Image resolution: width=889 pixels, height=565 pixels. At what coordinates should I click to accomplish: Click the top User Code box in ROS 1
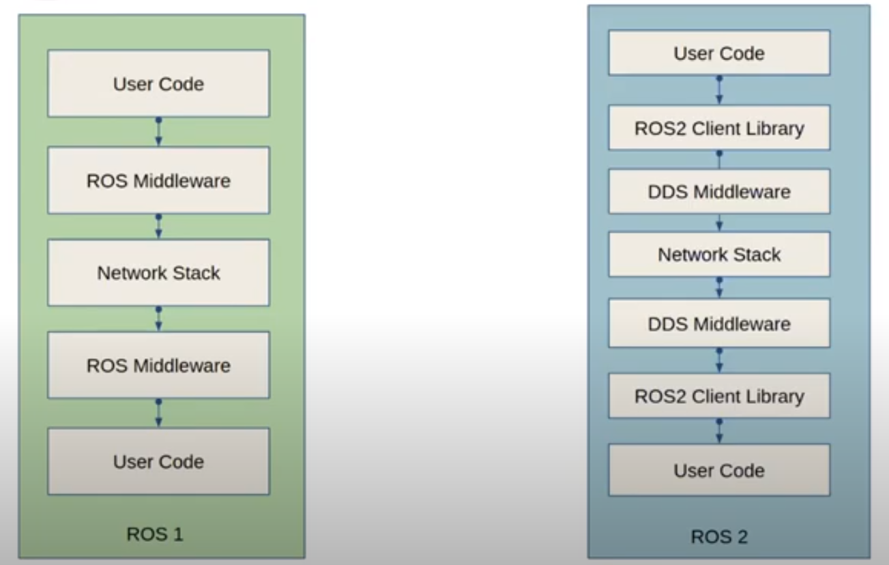pyautogui.click(x=158, y=83)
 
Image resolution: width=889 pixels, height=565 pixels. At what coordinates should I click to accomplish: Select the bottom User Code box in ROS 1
pyautogui.click(x=158, y=461)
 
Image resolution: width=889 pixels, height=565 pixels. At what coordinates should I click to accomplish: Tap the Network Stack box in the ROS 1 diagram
pyautogui.click(x=158, y=272)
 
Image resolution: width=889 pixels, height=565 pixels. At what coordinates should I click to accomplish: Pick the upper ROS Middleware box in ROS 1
pyautogui.click(x=158, y=180)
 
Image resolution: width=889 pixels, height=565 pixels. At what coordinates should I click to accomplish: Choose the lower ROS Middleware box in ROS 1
pyautogui.click(x=158, y=365)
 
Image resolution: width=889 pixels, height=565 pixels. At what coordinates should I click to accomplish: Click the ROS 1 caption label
pyautogui.click(x=155, y=534)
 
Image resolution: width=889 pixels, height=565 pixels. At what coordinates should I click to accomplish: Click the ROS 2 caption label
pyautogui.click(x=719, y=536)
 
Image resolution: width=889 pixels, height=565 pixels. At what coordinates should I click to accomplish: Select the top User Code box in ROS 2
pyautogui.click(x=719, y=53)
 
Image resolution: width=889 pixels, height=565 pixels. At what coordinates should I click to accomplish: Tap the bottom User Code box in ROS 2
pyautogui.click(x=719, y=470)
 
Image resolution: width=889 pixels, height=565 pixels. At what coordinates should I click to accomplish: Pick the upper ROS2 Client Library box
pyautogui.click(x=719, y=128)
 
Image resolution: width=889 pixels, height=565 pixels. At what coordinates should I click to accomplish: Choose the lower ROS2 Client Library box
pyautogui.click(x=719, y=396)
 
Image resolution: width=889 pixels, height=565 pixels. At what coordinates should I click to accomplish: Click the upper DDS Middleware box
pyautogui.click(x=719, y=192)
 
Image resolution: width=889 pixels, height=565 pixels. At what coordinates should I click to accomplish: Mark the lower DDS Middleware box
pyautogui.click(x=719, y=323)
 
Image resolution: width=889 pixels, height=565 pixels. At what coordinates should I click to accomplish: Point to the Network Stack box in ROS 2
pyautogui.click(x=719, y=255)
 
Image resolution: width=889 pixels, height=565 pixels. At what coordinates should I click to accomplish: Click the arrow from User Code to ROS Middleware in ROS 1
pyautogui.click(x=158, y=132)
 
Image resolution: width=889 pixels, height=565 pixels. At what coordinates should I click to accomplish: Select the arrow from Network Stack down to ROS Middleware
pyautogui.click(x=158, y=319)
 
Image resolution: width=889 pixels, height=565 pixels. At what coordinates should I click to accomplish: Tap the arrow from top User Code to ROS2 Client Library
pyautogui.click(x=719, y=90)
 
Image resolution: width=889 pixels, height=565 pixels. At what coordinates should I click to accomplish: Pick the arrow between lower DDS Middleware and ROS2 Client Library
pyautogui.click(x=719, y=360)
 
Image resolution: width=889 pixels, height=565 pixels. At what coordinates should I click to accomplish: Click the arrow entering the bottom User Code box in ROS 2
pyautogui.click(x=719, y=431)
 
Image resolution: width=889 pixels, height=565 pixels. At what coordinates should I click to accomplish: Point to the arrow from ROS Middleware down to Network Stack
pyautogui.click(x=158, y=226)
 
